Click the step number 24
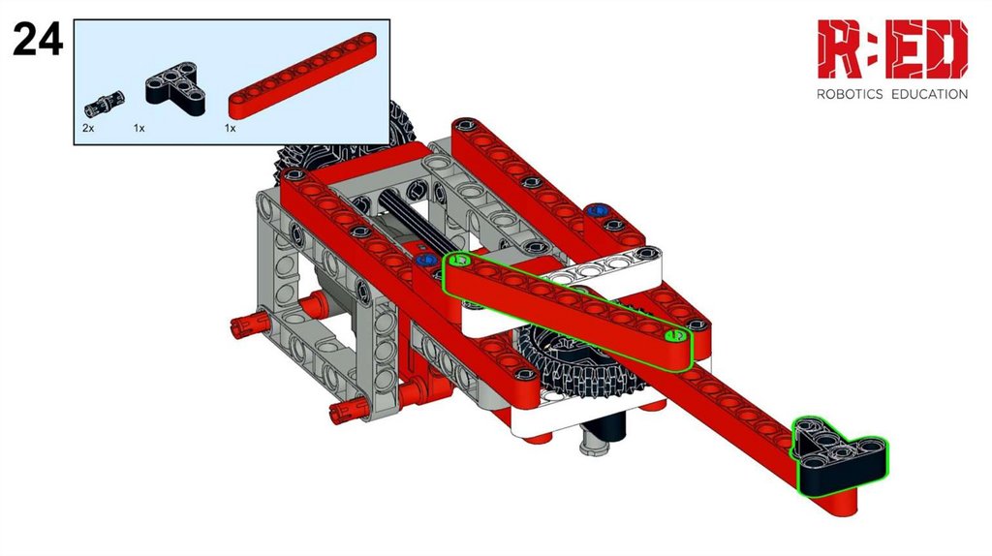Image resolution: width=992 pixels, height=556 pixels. point(38,39)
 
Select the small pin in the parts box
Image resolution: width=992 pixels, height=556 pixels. point(105,105)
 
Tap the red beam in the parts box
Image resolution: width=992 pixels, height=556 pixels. point(302,76)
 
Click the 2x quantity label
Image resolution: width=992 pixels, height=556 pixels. point(88,128)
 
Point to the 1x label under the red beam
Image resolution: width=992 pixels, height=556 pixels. point(230,128)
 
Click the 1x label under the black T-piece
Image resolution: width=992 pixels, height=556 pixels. point(139,128)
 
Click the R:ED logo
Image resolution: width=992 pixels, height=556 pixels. point(892,49)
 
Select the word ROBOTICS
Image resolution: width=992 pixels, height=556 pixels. point(849,94)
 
